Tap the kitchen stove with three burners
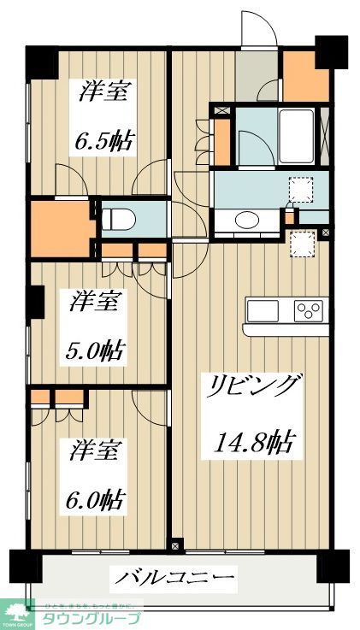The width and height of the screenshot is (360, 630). [x=309, y=310]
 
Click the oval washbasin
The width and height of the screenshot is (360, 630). [x=247, y=220]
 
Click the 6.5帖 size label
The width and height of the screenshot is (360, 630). [x=106, y=139]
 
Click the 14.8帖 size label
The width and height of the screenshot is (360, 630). [x=253, y=443]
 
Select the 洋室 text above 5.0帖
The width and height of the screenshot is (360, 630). [x=95, y=301]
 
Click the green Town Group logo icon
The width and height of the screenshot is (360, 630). [x=15, y=610]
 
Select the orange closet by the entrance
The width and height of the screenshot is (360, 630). [x=305, y=78]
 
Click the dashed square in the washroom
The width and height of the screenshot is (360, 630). [x=302, y=188]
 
